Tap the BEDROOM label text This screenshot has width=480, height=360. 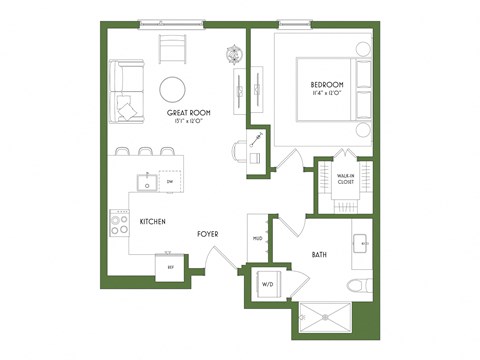(x=326, y=84)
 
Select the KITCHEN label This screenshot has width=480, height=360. (x=152, y=221)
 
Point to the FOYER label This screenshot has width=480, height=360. (x=206, y=234)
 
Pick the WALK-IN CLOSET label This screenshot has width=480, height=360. (x=345, y=180)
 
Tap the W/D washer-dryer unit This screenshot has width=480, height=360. (x=269, y=284)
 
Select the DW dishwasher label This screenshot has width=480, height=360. (x=170, y=183)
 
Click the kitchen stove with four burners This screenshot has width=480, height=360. (x=118, y=221)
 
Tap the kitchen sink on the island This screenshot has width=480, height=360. (x=147, y=183)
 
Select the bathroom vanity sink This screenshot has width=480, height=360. (x=361, y=242)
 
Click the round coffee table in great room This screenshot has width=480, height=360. (x=172, y=90)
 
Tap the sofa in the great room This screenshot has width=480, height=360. (x=126, y=92)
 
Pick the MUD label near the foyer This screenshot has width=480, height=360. (x=257, y=238)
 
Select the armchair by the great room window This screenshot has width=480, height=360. (x=173, y=48)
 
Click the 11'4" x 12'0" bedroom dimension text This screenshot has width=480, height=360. (x=326, y=94)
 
